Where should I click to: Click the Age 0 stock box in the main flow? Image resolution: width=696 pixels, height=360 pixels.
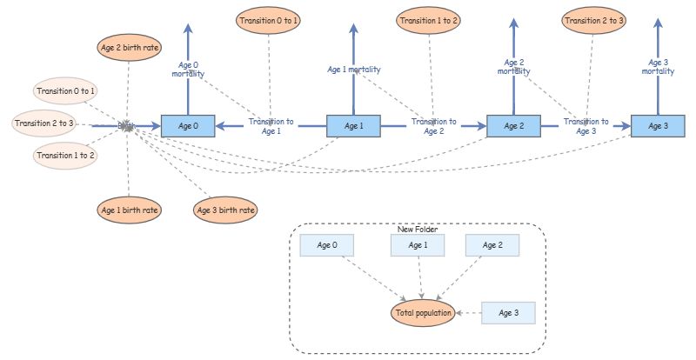(188, 126)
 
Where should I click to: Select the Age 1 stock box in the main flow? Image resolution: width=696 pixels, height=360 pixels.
(353, 126)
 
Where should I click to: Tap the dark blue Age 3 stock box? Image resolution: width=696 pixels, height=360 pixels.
(658, 126)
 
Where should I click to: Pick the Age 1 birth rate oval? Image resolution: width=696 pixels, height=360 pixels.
(128, 210)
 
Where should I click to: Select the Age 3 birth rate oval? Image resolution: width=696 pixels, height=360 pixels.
(224, 210)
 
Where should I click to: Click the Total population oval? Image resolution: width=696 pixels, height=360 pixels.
(423, 312)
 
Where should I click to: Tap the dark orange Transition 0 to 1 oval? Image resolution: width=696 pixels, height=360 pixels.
(268, 20)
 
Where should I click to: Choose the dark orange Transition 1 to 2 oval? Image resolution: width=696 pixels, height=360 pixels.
(428, 20)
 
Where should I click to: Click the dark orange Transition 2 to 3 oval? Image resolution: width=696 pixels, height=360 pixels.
(592, 20)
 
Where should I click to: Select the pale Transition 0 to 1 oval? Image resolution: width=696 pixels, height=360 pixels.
(66, 90)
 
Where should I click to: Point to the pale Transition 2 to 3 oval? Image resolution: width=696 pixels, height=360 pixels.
(45, 123)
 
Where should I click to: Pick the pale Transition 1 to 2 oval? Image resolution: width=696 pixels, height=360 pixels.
(66, 156)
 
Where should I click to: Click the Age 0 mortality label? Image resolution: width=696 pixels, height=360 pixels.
(188, 69)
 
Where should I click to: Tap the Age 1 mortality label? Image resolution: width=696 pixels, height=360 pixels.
(353, 69)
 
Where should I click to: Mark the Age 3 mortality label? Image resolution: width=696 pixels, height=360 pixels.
(658, 66)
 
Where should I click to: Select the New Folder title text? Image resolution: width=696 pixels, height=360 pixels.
(418, 230)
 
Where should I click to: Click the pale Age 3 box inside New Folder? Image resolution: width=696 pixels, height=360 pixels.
(507, 312)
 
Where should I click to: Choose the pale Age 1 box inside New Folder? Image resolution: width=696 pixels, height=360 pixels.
(418, 245)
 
